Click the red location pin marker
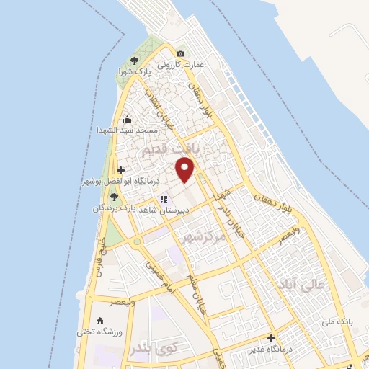click(x=186, y=170)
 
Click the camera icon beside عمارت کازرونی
click(x=180, y=53)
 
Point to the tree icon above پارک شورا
click(x=133, y=60)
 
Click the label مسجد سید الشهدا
click(x=127, y=130)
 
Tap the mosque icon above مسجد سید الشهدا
click(x=128, y=119)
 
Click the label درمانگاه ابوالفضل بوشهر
click(x=118, y=183)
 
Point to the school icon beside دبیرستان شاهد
click(x=164, y=199)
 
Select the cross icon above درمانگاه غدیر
click(x=271, y=338)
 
